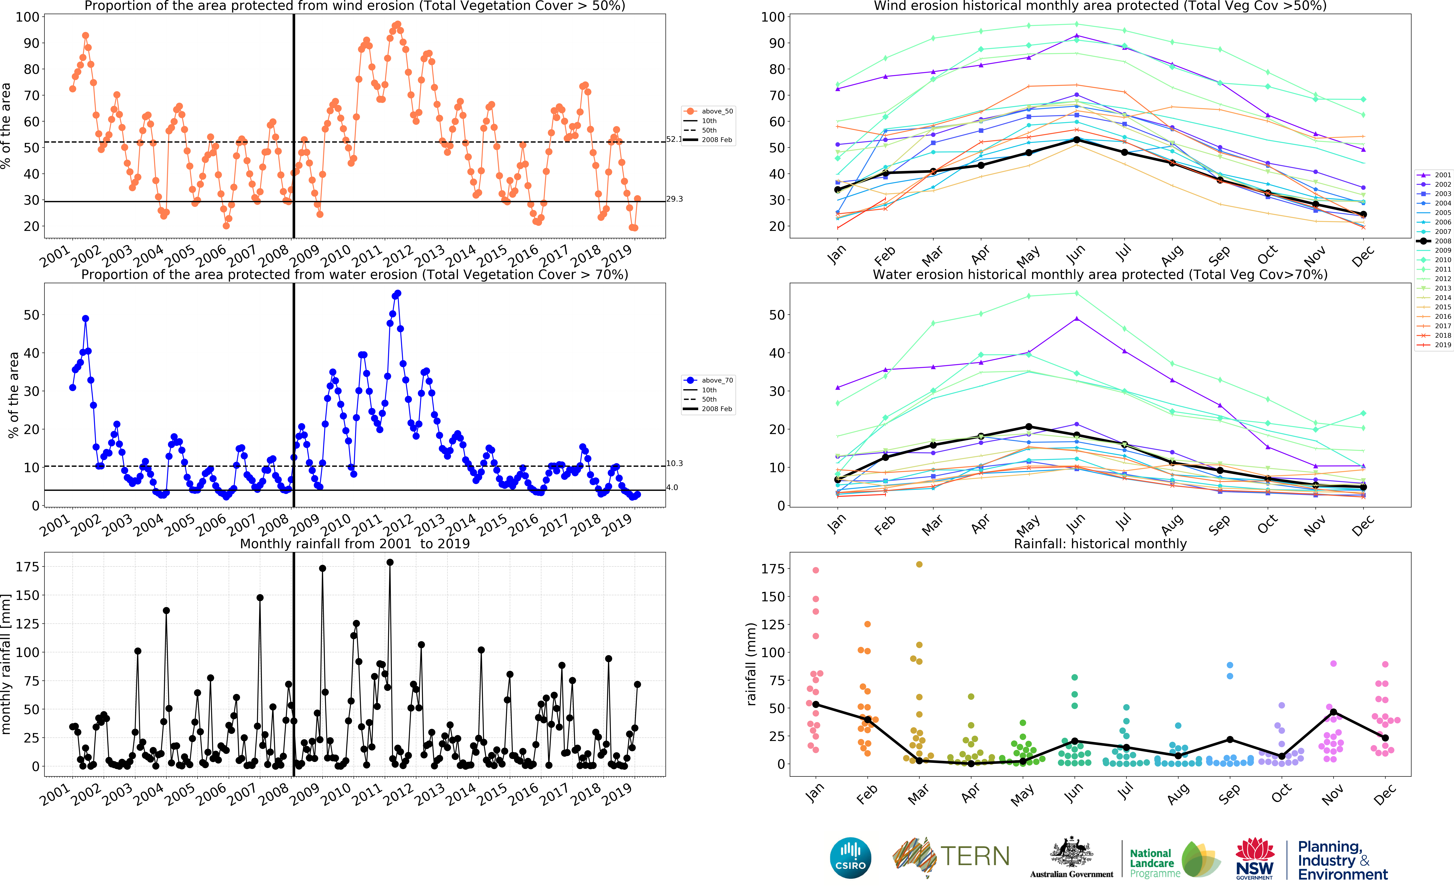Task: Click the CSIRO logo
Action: click(851, 858)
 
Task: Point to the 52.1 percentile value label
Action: click(674, 139)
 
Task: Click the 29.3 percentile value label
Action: click(674, 199)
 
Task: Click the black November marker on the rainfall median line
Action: click(1333, 712)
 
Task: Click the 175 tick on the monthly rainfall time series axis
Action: click(27, 567)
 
